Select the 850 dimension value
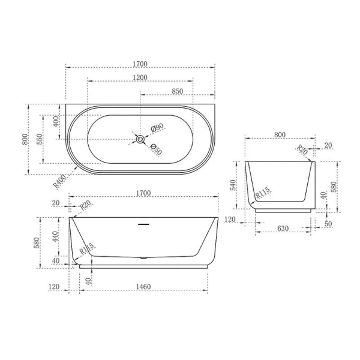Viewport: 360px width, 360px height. pos(178,91)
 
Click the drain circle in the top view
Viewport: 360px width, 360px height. pos(140,139)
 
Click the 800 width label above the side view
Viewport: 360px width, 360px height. pos(279,135)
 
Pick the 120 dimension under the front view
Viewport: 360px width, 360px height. pos(54,287)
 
